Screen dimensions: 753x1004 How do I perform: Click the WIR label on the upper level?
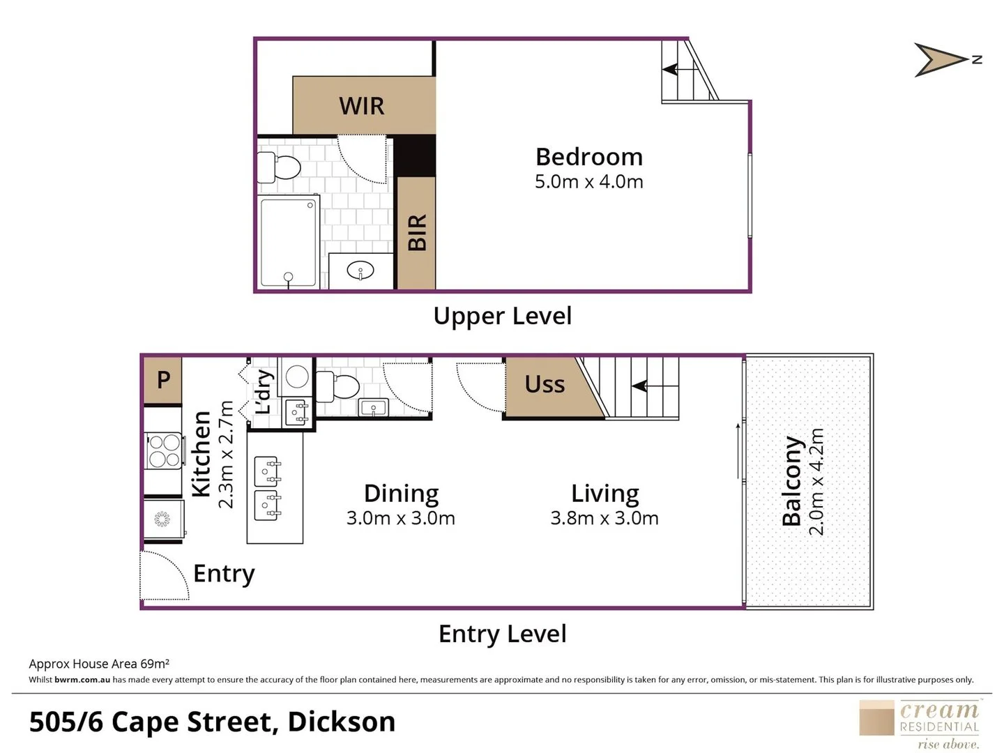click(361, 106)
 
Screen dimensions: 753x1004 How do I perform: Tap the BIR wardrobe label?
click(416, 232)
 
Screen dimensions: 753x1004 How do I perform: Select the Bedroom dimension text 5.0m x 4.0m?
click(588, 182)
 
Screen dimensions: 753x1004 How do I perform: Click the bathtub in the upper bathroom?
click(289, 242)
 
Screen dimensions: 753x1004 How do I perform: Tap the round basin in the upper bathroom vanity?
click(360, 271)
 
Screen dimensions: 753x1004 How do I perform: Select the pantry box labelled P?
click(163, 380)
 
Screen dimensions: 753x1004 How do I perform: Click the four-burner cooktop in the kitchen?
click(165, 450)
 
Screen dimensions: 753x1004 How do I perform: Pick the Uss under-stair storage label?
click(544, 384)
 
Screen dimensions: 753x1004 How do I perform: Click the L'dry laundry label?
click(264, 392)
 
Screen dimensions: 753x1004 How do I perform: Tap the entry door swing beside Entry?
click(165, 576)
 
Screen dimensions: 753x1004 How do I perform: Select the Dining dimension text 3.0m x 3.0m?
click(401, 518)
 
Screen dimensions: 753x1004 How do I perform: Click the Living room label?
click(604, 493)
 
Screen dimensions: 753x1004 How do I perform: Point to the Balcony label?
click(792, 481)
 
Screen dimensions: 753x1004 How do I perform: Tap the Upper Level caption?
click(502, 316)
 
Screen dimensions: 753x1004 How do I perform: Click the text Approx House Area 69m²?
click(99, 664)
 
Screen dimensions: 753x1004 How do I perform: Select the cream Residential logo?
click(920, 724)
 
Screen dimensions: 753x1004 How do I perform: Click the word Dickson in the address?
click(341, 722)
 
